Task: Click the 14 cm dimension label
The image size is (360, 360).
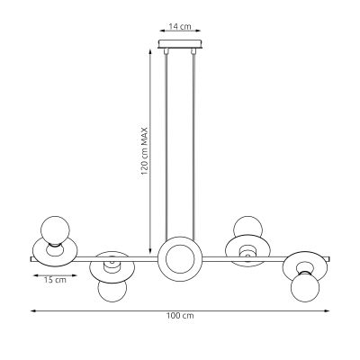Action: click(x=180, y=28)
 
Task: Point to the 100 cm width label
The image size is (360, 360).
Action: click(x=180, y=317)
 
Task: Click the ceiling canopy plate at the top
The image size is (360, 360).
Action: click(x=180, y=44)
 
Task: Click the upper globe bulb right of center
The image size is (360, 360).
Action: click(x=246, y=229)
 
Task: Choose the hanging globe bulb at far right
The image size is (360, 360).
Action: click(x=306, y=288)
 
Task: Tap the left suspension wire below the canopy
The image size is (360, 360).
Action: click(x=166, y=144)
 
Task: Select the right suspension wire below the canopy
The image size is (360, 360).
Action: click(x=193, y=144)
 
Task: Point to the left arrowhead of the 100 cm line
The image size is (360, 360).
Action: click(x=33, y=310)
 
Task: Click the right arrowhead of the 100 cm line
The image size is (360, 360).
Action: click(x=328, y=310)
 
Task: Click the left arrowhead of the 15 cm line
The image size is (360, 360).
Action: click(x=31, y=272)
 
